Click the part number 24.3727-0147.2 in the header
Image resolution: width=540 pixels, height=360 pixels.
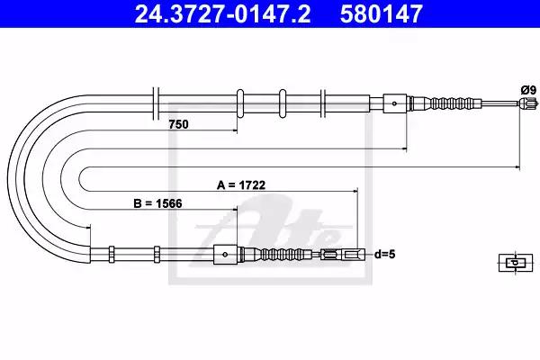(x=222, y=14)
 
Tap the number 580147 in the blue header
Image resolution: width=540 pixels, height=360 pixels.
(x=382, y=14)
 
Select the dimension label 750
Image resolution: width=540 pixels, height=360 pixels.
(x=178, y=124)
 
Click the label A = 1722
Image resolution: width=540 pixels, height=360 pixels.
(x=241, y=185)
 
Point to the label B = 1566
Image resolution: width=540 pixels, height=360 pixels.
(x=157, y=203)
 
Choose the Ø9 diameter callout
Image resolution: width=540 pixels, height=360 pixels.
(x=528, y=90)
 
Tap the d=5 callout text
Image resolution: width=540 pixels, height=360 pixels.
(x=384, y=255)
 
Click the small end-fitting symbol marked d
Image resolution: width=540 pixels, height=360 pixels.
(x=515, y=263)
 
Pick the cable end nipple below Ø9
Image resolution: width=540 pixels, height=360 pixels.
(x=527, y=103)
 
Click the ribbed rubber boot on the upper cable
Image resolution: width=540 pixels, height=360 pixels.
(x=452, y=103)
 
